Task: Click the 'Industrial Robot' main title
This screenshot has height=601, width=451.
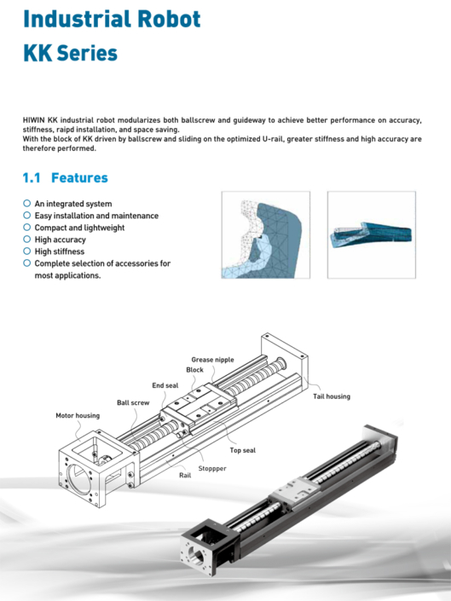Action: tap(113, 18)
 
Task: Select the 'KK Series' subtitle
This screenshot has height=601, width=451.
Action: tap(70, 53)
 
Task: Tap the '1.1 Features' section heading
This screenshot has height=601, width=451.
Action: tap(65, 177)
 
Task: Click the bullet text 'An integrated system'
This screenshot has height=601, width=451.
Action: tap(72, 204)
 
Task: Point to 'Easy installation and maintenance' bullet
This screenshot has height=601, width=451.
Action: tap(95, 216)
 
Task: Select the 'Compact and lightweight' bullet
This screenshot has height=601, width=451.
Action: tap(79, 228)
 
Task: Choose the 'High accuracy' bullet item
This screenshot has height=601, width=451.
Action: tap(60, 240)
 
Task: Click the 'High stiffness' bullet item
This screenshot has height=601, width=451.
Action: tap(59, 251)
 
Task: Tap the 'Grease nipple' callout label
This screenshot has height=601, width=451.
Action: tap(212, 360)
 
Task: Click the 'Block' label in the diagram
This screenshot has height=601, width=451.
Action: tap(194, 370)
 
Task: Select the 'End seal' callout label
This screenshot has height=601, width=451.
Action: tap(165, 385)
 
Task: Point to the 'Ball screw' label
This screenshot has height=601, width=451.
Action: tap(133, 402)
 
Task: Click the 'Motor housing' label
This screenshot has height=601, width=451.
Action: tap(78, 415)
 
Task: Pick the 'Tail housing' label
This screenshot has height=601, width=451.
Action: tap(331, 396)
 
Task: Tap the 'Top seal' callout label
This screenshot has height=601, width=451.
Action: tap(242, 450)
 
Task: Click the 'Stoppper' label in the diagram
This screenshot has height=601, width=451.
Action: tap(212, 468)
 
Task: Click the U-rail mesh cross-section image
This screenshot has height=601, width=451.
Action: tap(265, 234)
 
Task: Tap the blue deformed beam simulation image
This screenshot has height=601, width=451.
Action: tap(372, 234)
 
